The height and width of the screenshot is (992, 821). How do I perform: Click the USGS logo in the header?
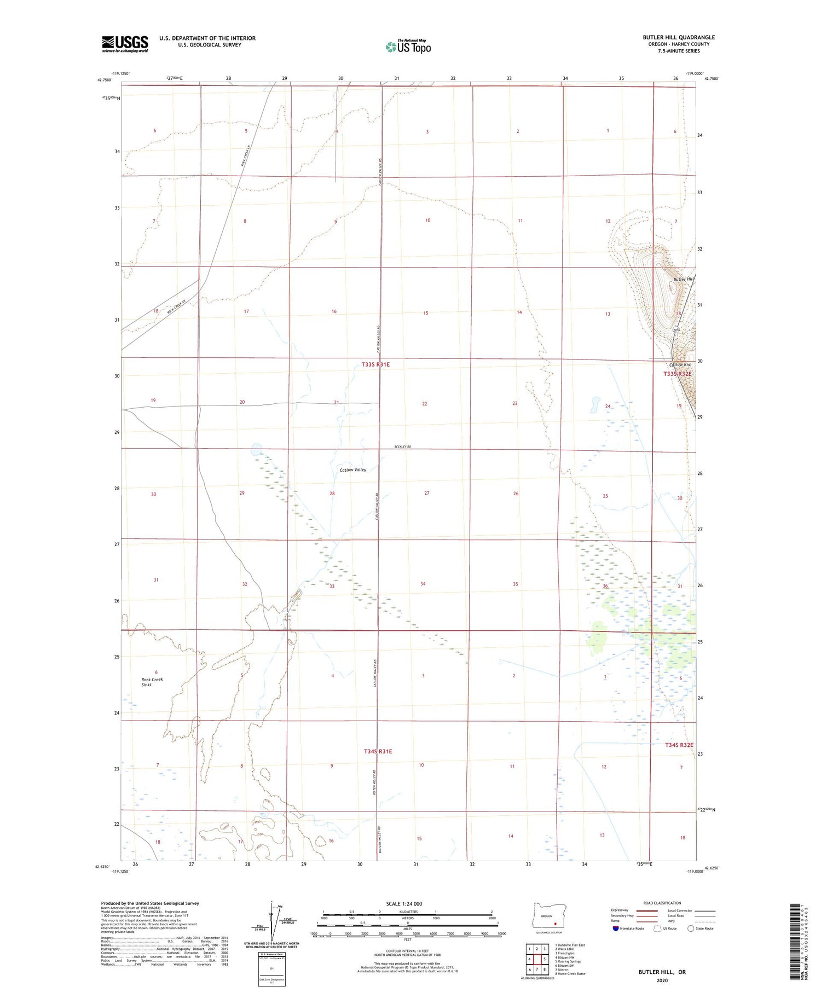pos(125,44)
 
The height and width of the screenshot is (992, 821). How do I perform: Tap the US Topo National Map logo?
pos(408,47)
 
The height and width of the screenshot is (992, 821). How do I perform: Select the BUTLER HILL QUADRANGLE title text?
pos(679,37)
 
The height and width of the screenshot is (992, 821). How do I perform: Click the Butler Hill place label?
pos(684,279)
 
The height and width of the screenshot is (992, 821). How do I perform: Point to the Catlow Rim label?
pos(680,364)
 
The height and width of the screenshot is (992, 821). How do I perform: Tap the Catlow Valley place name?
pos(353,469)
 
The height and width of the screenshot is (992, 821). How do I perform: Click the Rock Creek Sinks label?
pos(152,682)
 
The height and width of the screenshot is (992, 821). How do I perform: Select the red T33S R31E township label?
pos(375,364)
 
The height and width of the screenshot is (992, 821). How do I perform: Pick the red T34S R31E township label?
pos(378,751)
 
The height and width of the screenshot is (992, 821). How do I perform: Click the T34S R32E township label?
pos(679,745)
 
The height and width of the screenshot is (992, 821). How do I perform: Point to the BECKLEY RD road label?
pos(402,447)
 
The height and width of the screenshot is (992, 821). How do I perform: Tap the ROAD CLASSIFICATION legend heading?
pos(662,903)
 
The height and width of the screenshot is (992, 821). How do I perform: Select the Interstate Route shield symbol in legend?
pos(616,928)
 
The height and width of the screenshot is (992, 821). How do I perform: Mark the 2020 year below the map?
pos(662,980)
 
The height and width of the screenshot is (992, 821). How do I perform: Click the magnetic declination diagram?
pos(272,919)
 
